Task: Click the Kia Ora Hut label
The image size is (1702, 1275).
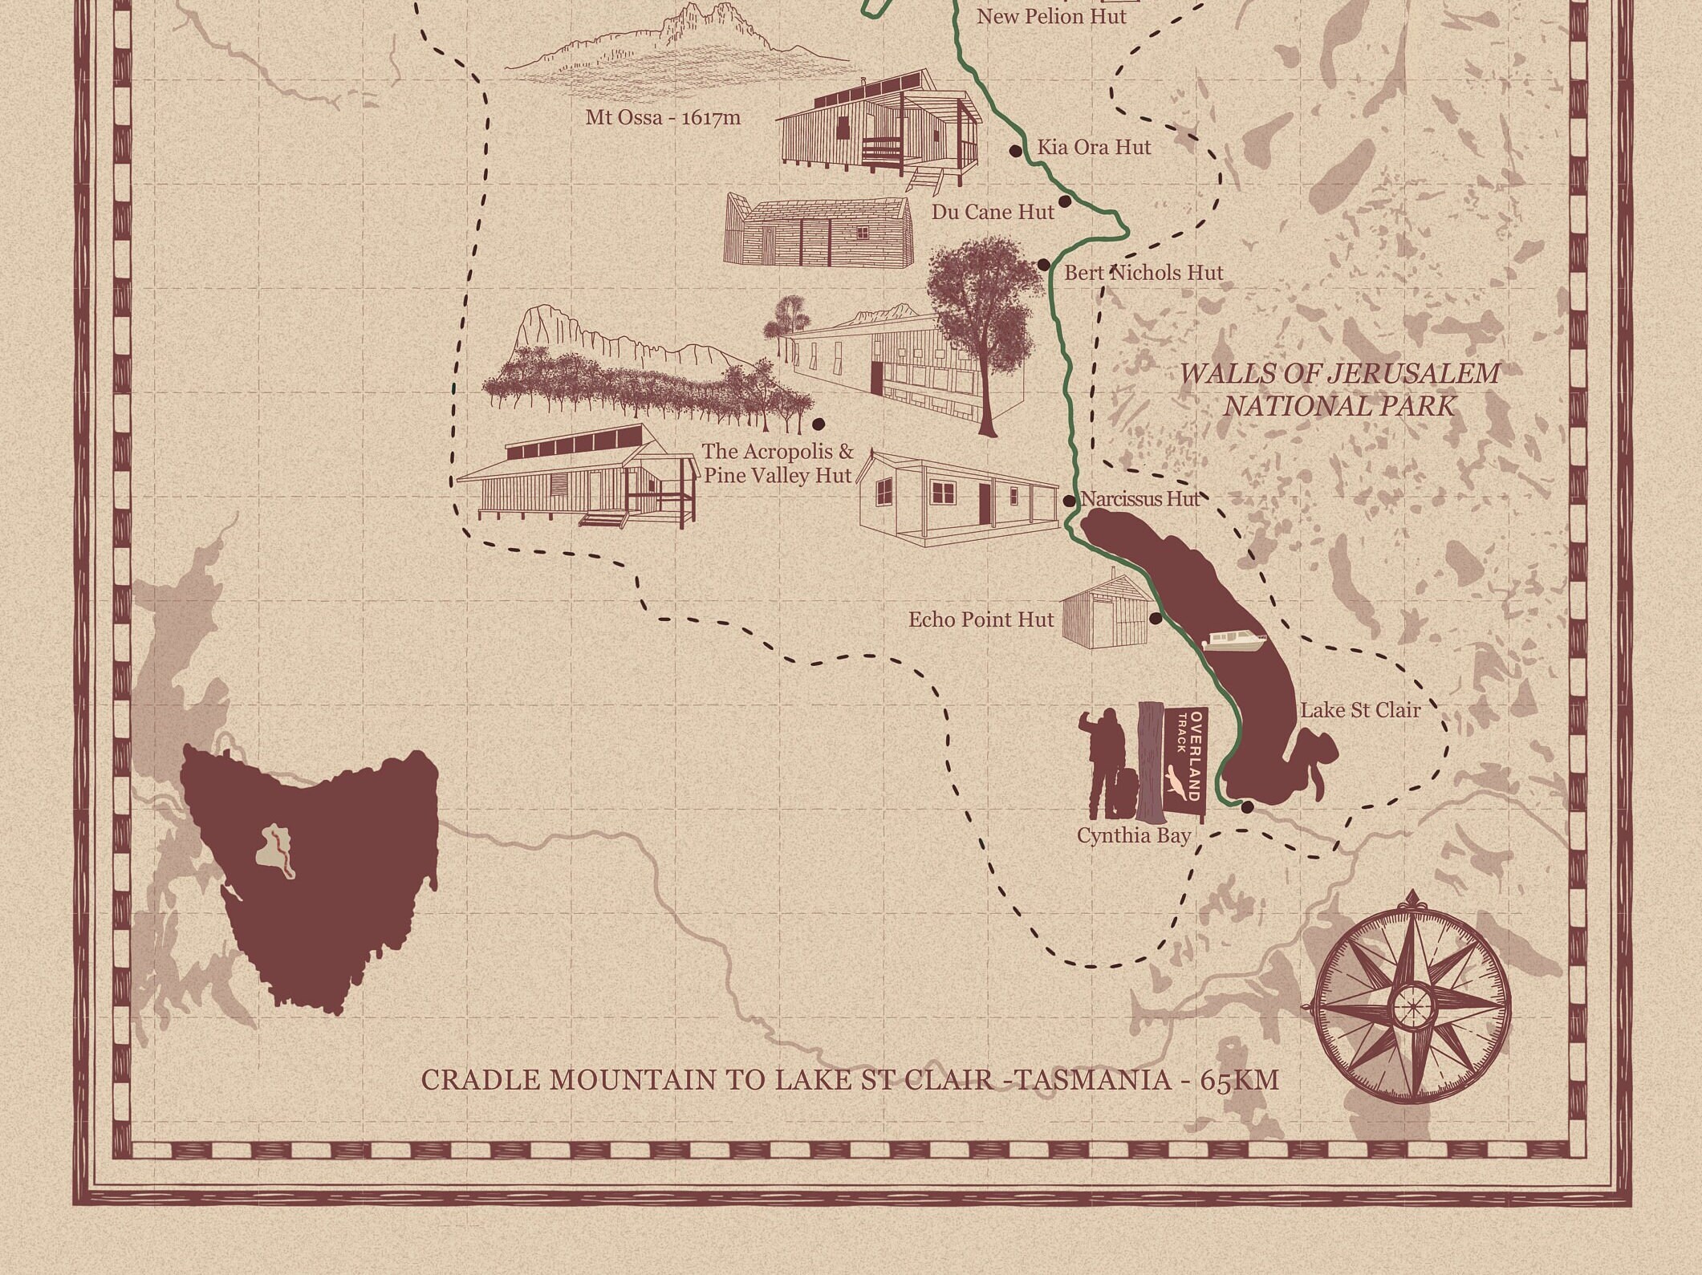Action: coord(1093,148)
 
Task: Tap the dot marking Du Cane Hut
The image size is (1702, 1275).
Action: coord(1065,201)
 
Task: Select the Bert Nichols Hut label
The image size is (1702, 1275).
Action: coord(1143,273)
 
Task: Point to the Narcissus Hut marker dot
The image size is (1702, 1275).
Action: coord(1069,501)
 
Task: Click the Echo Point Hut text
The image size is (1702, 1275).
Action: coord(981,619)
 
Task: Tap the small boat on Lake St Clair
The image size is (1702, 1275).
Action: coord(1234,641)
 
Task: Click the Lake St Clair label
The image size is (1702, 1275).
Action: coord(1360,710)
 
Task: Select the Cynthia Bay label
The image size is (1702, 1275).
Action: coord(1133,835)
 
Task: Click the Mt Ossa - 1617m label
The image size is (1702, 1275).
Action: coord(663,118)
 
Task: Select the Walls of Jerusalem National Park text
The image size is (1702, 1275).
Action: coord(1338,389)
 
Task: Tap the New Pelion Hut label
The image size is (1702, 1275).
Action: coord(1050,16)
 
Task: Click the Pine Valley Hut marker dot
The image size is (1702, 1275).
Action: coord(818,423)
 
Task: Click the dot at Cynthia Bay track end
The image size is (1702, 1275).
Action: coord(1247,806)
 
